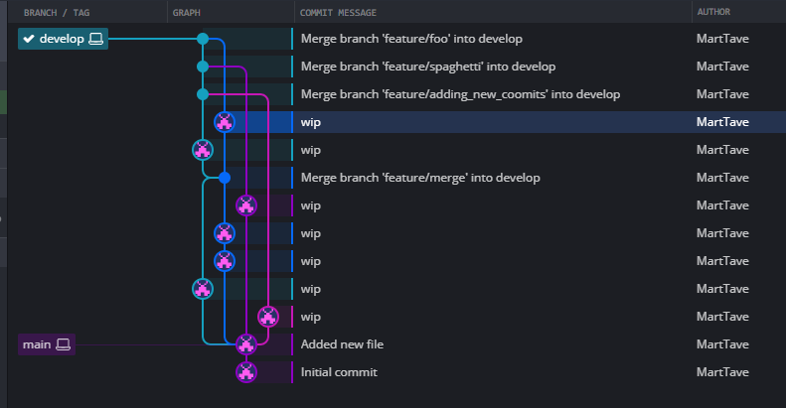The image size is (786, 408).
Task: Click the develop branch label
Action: tap(63, 39)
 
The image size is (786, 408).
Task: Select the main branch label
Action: tap(47, 344)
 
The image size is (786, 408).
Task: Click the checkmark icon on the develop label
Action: tap(29, 39)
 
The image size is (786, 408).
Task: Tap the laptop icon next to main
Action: tap(64, 344)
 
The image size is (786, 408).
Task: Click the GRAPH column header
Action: tap(187, 13)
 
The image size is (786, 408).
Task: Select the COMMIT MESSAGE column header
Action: tap(338, 13)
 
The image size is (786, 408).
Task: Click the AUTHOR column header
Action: tap(713, 12)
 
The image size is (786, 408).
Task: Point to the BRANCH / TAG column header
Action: tap(57, 13)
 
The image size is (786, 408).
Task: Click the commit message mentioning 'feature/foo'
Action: tap(411, 39)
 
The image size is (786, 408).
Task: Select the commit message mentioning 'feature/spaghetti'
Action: tap(428, 67)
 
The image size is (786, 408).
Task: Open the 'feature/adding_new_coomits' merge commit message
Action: tap(460, 94)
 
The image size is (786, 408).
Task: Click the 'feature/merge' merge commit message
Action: tap(420, 178)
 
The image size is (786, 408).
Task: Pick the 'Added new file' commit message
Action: tap(342, 344)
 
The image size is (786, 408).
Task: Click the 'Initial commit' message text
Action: tap(339, 372)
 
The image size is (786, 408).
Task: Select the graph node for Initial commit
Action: tap(246, 372)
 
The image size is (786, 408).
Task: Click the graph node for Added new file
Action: tap(246, 344)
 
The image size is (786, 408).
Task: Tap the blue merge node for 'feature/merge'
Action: tap(225, 178)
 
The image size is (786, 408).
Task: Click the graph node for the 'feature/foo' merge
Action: tap(203, 39)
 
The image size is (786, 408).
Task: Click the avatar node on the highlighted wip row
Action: tap(225, 122)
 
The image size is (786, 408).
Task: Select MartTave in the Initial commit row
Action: tap(722, 372)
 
